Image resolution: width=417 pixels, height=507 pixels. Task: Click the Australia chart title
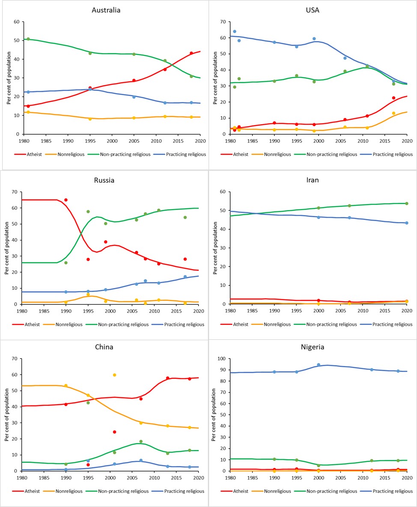106,10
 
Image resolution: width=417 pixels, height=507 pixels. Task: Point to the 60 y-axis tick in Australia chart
17,22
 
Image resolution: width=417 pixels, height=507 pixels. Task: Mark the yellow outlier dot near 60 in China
114,375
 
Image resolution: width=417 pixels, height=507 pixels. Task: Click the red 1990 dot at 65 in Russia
66,200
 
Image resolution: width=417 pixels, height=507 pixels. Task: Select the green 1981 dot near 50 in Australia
28,39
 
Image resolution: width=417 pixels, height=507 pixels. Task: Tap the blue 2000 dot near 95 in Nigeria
319,365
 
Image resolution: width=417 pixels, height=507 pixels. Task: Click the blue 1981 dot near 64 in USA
235,31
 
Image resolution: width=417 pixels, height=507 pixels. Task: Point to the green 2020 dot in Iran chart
406,204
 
